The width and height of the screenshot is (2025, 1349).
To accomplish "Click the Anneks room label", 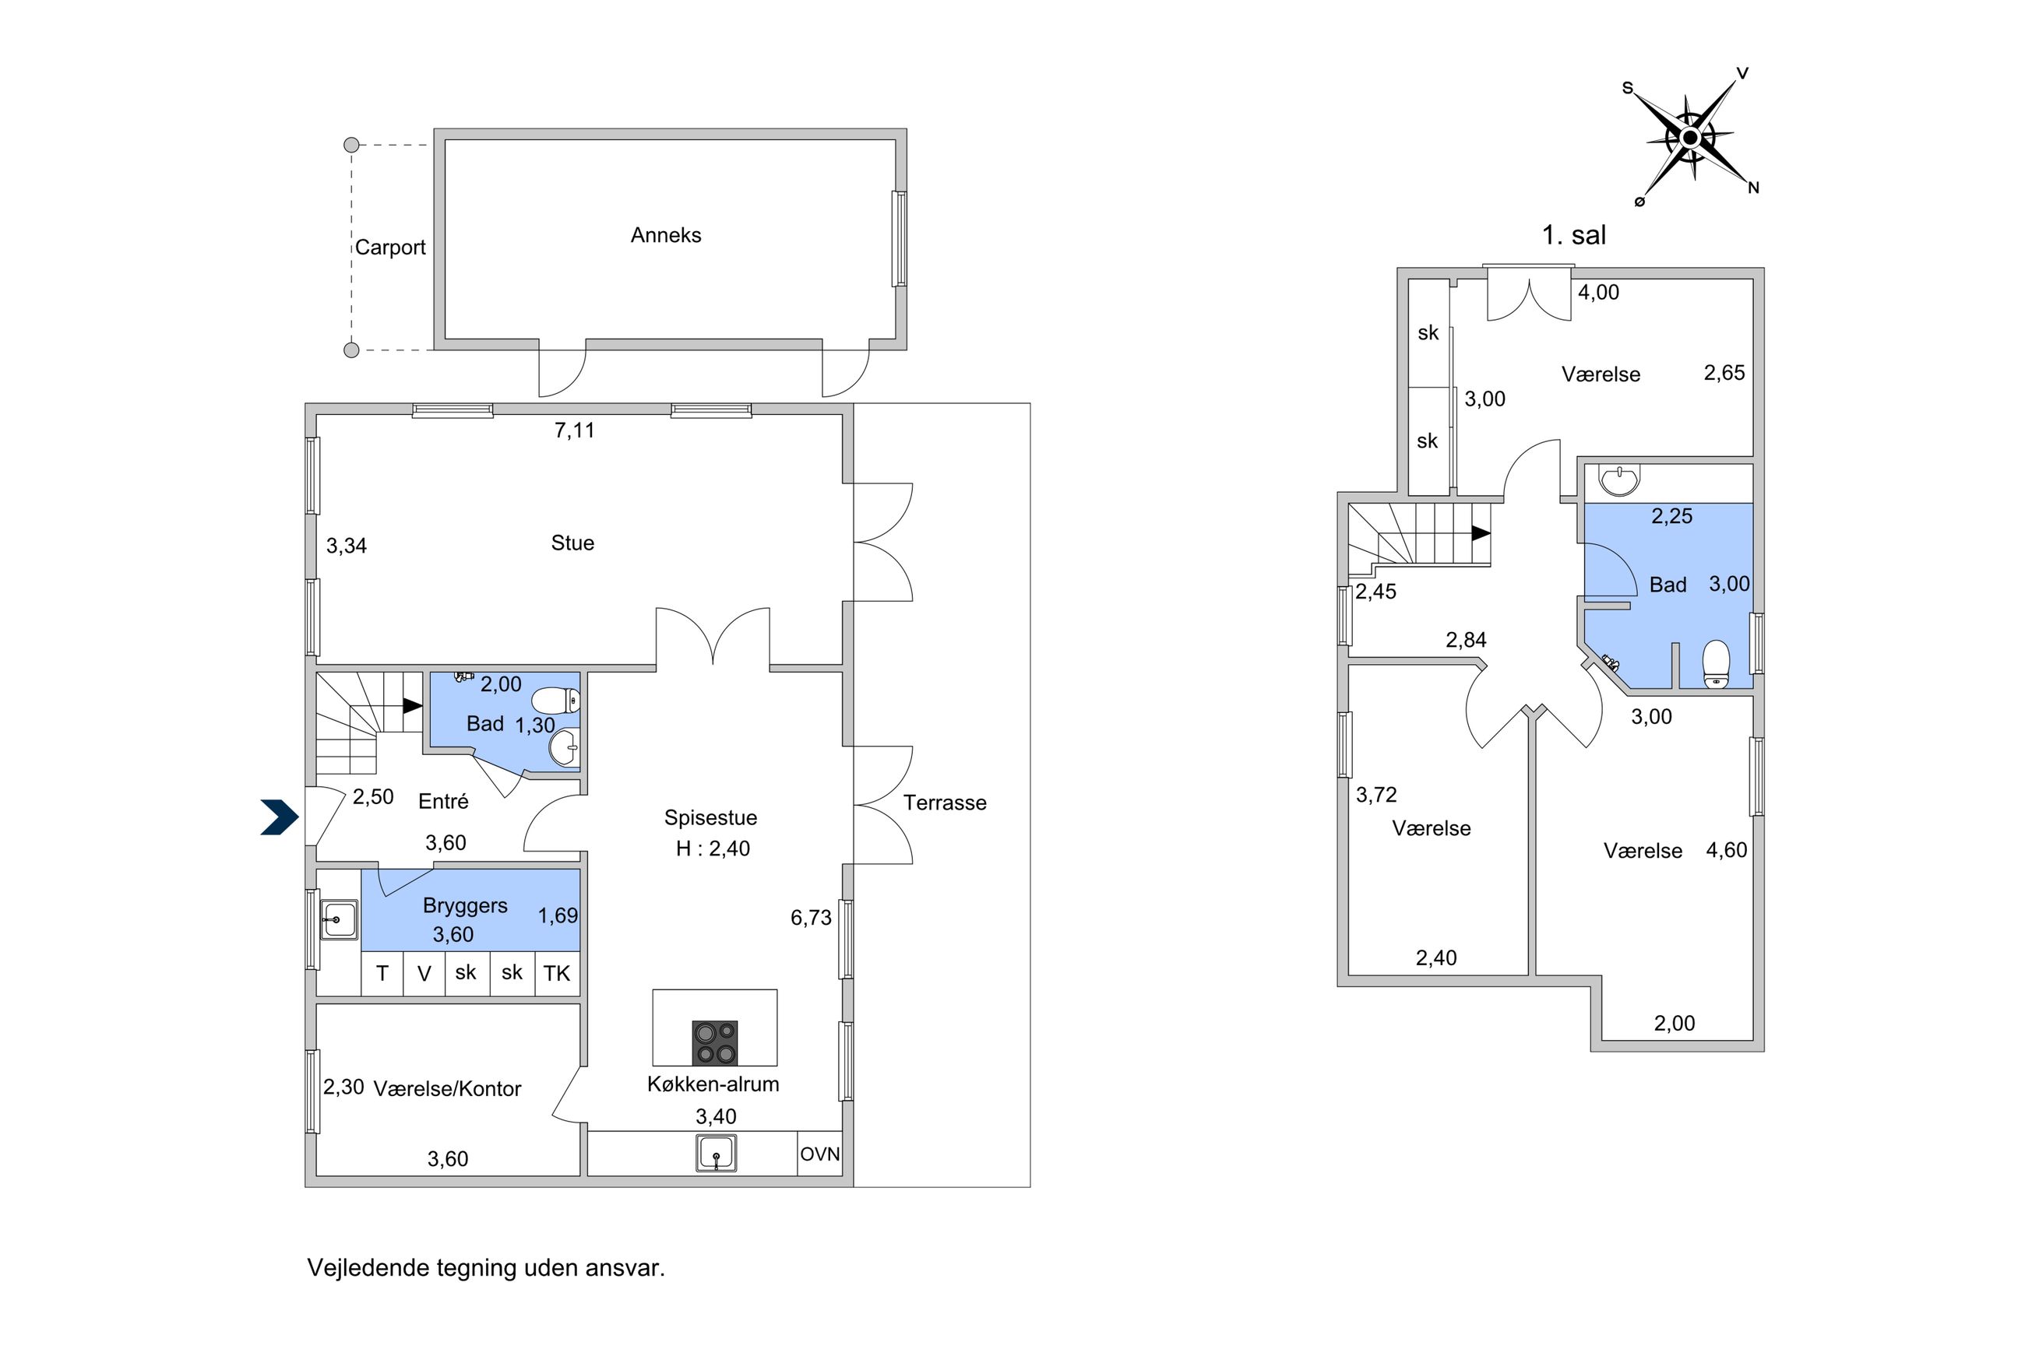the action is coord(665,235).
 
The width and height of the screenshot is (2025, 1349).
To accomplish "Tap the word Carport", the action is coord(390,248).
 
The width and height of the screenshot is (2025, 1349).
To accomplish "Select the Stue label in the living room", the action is coord(572,543).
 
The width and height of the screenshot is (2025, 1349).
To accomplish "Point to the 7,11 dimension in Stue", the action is coord(574,430).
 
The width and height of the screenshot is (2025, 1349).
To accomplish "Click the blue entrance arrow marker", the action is coord(280,817).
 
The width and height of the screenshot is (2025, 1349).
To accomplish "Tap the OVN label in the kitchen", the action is coord(819,1154).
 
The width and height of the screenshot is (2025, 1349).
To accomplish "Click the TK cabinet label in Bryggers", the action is coord(557,973).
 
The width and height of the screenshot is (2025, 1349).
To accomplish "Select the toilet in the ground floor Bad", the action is coord(556,701).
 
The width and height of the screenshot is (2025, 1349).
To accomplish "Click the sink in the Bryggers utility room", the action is coord(339,919).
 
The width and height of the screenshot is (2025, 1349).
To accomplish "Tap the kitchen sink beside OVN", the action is coord(716,1153).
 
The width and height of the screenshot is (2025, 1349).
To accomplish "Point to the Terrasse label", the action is coord(944,803).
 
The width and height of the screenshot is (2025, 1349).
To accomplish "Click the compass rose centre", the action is coord(1689,138).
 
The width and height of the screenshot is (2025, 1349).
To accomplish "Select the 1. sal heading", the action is coord(1573,235).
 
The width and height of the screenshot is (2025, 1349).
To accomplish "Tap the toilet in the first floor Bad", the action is coord(1716,664).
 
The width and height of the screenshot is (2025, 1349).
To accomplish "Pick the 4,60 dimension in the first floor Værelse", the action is coord(1727,850).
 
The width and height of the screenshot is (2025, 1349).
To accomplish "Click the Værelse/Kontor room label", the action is coord(446,1088).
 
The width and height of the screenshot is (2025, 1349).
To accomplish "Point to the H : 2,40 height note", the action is coord(713,848).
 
